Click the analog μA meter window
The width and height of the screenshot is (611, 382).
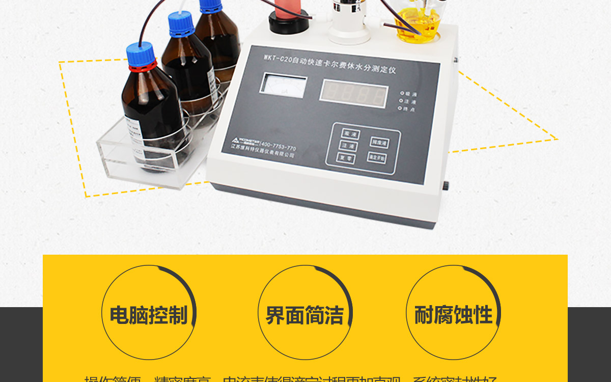(x=284, y=86)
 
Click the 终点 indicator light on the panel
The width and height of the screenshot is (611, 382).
(x=402, y=109)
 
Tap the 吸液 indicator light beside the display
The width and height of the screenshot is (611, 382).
(x=402, y=93)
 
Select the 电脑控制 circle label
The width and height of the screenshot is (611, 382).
(x=148, y=315)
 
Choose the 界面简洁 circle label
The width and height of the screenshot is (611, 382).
(x=304, y=315)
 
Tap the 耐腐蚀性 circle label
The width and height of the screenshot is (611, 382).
(x=453, y=315)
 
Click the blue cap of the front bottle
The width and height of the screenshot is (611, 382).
(x=141, y=53)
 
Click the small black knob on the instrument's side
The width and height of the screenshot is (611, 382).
(x=447, y=184)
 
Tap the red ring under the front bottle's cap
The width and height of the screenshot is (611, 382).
(x=142, y=67)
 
